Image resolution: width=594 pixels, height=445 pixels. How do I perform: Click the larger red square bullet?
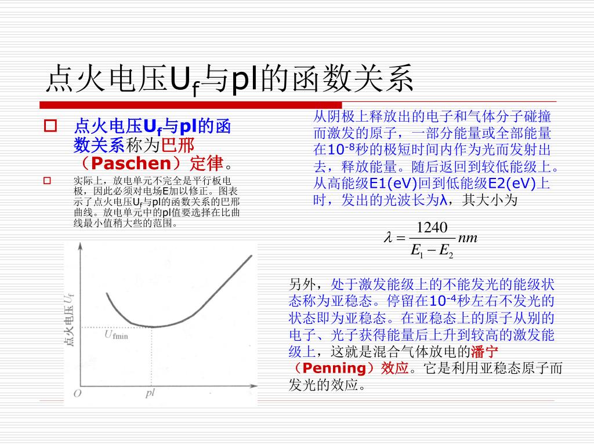[x=50, y=126]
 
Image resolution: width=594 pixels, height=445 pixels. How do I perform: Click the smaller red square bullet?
[x=47, y=181]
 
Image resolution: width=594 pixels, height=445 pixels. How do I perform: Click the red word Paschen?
[x=132, y=163]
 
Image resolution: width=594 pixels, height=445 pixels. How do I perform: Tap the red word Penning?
[x=335, y=368]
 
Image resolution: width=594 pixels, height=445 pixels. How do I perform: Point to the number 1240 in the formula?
[x=432, y=227]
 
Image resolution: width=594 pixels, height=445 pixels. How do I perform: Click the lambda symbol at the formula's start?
[x=388, y=237]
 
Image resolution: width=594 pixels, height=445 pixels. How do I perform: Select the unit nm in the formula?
[x=468, y=238]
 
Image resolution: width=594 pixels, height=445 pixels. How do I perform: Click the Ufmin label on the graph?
[x=116, y=335]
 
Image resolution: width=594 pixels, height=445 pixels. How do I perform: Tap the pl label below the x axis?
[x=150, y=393]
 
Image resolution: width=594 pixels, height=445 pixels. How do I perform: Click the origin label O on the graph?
[x=77, y=393]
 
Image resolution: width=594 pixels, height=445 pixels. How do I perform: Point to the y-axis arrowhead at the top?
[x=80, y=246]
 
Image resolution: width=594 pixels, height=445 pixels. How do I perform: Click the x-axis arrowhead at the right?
[x=254, y=386]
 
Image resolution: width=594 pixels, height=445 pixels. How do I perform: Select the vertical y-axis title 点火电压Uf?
[x=69, y=320]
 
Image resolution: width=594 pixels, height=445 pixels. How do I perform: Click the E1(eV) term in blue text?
[x=393, y=184]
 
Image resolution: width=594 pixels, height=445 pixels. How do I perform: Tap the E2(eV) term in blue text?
[x=512, y=184]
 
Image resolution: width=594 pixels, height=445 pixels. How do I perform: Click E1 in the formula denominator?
[x=417, y=250]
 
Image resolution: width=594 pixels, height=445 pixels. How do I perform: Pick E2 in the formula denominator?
[x=446, y=250]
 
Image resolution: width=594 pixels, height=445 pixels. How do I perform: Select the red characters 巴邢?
[x=178, y=145]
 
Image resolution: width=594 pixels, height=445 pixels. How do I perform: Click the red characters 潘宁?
[x=484, y=352]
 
